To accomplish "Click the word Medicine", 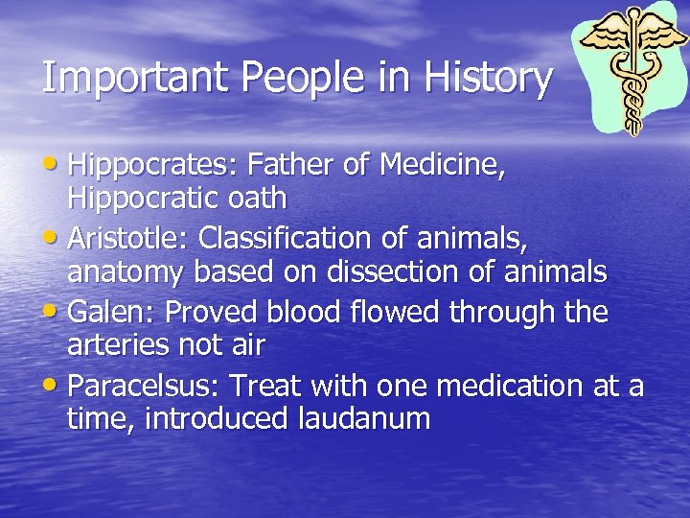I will [442, 167].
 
